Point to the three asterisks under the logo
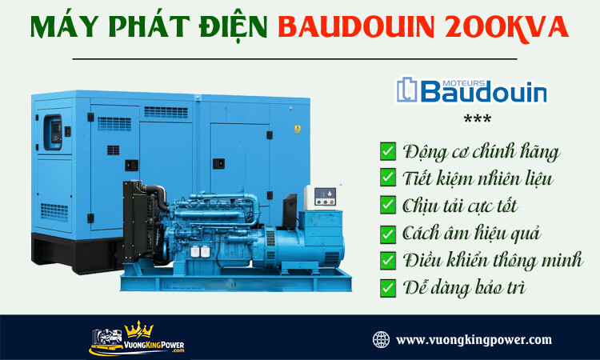(x=478, y=121)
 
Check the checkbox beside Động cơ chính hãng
(x=388, y=150)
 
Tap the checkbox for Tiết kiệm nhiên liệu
(x=388, y=178)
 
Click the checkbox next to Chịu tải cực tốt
(x=388, y=205)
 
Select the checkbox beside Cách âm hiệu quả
(x=388, y=233)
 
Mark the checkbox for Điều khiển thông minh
(x=388, y=260)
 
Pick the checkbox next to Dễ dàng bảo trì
(x=388, y=287)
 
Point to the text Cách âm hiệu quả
(x=472, y=233)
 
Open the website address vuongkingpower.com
(x=474, y=339)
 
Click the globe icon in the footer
(x=382, y=339)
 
